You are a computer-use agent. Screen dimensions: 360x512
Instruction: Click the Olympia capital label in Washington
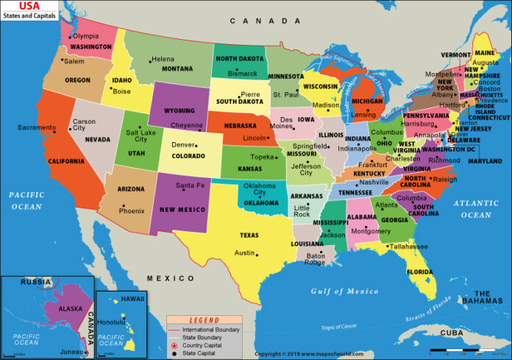click(85, 36)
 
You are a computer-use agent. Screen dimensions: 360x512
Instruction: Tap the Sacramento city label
click(37, 127)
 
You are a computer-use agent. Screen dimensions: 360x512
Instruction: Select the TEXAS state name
click(249, 236)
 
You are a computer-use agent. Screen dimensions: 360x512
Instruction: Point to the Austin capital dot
click(257, 254)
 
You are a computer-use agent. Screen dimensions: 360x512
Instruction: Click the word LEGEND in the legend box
click(205, 320)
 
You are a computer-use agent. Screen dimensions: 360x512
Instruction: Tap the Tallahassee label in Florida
click(409, 247)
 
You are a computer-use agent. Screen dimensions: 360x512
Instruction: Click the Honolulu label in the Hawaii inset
click(113, 322)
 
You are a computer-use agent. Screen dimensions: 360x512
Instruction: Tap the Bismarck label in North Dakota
click(243, 74)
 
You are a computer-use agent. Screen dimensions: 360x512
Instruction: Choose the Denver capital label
click(184, 145)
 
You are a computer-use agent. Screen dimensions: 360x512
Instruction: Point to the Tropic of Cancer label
click(338, 327)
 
